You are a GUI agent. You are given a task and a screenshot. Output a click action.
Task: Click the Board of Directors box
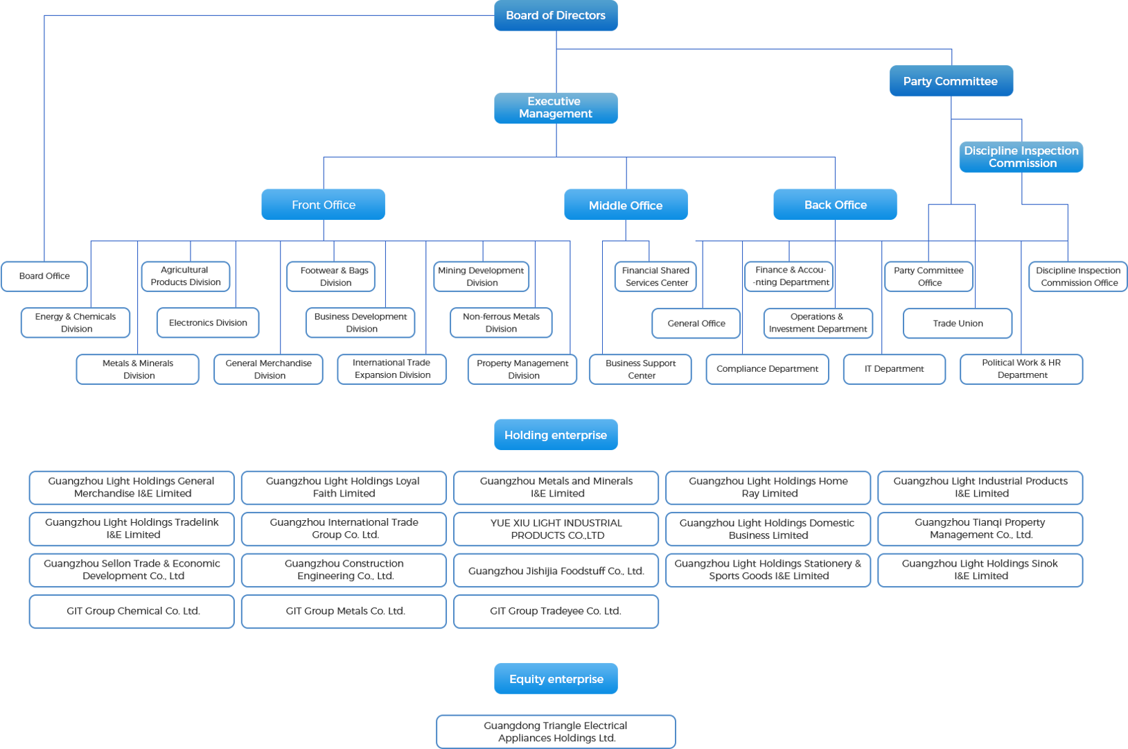click(556, 15)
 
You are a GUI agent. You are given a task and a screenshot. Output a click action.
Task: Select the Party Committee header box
click(951, 81)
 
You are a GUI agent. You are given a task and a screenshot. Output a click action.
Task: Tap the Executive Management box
click(556, 107)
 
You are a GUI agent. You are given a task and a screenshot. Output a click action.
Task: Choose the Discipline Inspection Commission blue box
click(1021, 157)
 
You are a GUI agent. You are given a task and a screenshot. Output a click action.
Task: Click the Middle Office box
click(626, 205)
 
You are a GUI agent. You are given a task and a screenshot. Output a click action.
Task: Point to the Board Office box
click(44, 276)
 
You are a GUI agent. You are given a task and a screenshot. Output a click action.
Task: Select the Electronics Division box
click(208, 322)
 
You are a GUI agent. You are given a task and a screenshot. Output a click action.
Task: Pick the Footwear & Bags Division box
click(335, 276)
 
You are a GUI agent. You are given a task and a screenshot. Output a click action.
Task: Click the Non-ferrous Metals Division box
click(501, 322)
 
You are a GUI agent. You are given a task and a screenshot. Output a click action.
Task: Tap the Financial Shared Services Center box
click(655, 276)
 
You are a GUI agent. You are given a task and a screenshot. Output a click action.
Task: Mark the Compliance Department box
click(767, 369)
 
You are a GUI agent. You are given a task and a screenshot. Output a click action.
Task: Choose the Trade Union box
click(958, 323)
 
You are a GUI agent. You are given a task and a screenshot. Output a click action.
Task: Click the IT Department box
click(894, 369)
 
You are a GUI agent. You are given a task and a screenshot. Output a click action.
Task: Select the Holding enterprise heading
click(556, 435)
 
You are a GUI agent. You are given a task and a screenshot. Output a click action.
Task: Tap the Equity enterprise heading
click(556, 679)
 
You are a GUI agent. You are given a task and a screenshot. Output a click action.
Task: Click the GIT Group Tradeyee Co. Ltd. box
click(556, 611)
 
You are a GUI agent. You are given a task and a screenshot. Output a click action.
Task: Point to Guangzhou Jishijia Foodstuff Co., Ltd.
click(556, 571)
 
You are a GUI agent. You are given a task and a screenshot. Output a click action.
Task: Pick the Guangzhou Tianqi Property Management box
click(980, 528)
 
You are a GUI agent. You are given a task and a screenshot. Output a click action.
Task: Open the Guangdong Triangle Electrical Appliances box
click(556, 732)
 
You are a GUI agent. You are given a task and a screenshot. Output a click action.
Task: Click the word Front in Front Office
click(306, 205)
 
